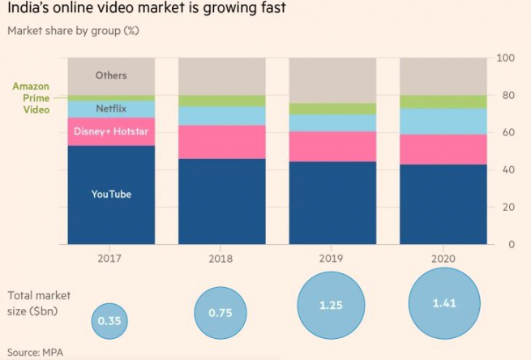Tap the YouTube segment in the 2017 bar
click(111, 195)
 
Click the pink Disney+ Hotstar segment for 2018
click(221, 142)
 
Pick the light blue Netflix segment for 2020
click(443, 121)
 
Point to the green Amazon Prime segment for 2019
click(332, 109)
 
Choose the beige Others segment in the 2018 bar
click(221, 76)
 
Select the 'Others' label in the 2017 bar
click(111, 75)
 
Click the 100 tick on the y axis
click(505, 58)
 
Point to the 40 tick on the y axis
click(507, 170)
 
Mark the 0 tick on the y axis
click(511, 244)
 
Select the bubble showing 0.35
click(109, 320)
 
